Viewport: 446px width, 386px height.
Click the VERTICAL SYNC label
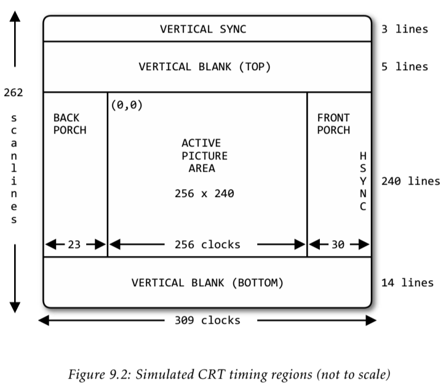click(x=204, y=29)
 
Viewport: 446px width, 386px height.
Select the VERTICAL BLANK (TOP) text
click(x=204, y=66)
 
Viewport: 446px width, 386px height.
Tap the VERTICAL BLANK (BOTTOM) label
click(x=207, y=283)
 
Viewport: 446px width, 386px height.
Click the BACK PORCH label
click(x=70, y=124)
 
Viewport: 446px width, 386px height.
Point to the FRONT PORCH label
click(x=333, y=124)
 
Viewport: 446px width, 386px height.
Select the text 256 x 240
click(x=204, y=193)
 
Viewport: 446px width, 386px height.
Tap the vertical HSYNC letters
click(x=363, y=182)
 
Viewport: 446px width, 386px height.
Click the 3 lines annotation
click(x=404, y=29)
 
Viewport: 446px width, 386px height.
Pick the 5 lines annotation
click(x=404, y=66)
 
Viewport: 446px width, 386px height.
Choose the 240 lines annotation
click(x=410, y=181)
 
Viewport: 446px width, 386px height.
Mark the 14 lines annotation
click(x=407, y=283)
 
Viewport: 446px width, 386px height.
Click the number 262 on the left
click(x=13, y=93)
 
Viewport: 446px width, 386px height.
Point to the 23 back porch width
click(x=74, y=244)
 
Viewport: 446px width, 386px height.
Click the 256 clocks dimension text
click(x=207, y=244)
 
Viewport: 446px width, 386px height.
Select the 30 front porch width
click(x=338, y=244)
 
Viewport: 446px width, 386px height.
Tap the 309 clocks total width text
click(x=207, y=320)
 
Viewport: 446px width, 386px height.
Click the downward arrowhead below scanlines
click(x=15, y=305)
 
